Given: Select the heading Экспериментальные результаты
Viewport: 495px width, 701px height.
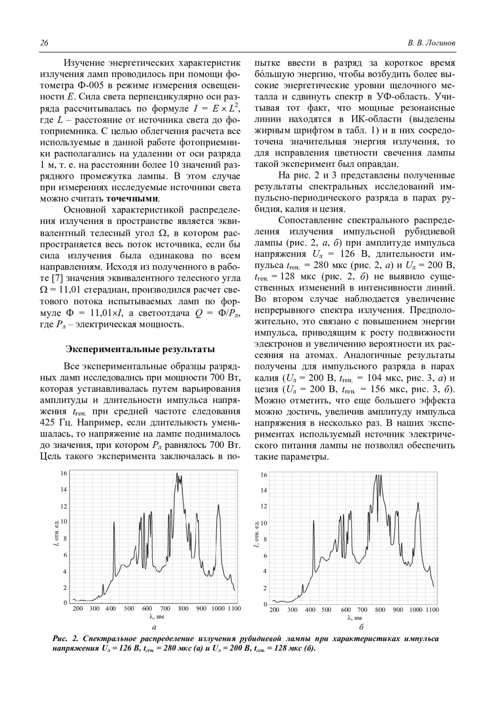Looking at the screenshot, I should coord(140,349).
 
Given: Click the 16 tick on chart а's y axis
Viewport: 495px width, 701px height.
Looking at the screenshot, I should coord(64,473).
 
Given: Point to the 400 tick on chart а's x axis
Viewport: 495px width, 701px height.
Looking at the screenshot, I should coord(110,609).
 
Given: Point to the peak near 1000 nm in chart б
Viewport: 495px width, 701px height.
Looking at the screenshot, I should coord(418,503).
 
